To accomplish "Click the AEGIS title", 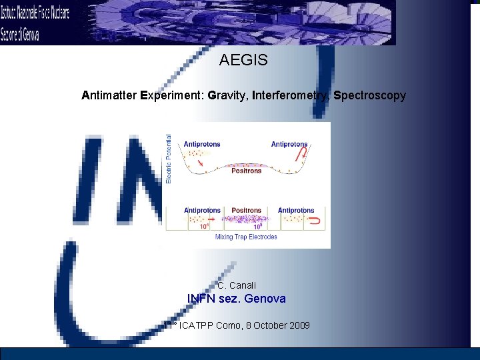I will (x=243, y=61).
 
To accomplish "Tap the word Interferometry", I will (x=291, y=96).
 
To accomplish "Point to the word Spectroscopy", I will (x=369, y=96).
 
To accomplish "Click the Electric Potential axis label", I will (x=169, y=159).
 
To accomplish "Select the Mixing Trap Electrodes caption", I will (x=246, y=237).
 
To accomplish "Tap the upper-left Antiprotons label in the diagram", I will (x=201, y=144).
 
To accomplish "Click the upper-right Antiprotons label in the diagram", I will (x=289, y=144).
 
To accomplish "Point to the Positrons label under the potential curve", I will (x=246, y=171).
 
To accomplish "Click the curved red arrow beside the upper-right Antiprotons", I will (x=303, y=155).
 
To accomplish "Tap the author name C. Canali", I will (x=237, y=285).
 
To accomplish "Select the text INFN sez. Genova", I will (x=236, y=299).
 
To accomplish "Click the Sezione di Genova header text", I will (x=20, y=33).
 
